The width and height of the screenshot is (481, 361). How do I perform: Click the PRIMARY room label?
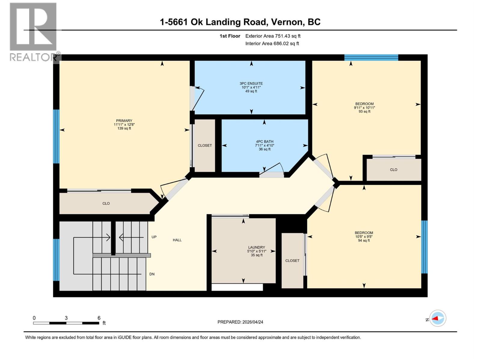(x=124, y=121)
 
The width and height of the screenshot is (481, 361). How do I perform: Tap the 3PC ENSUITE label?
(x=251, y=84)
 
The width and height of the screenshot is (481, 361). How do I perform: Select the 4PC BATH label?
(x=265, y=142)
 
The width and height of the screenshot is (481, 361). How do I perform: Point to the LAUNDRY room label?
(x=256, y=247)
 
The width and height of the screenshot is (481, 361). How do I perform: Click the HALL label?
(x=177, y=240)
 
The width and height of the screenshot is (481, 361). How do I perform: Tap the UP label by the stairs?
(x=154, y=237)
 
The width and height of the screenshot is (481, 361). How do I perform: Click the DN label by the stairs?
(x=152, y=274)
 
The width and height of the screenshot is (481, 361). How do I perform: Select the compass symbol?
(x=438, y=318)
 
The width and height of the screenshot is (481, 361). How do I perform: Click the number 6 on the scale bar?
(x=99, y=318)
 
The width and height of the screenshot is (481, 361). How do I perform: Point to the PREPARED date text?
(x=240, y=322)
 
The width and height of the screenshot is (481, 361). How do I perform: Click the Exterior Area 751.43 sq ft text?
(x=273, y=36)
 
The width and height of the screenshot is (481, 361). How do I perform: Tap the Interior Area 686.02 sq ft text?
(x=272, y=44)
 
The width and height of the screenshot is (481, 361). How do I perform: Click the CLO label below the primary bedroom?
(x=106, y=203)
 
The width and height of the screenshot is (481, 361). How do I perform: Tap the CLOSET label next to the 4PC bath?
(x=205, y=145)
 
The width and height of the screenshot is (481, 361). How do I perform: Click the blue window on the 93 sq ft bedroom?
(x=371, y=57)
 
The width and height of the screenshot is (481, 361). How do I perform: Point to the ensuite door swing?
(x=197, y=98)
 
